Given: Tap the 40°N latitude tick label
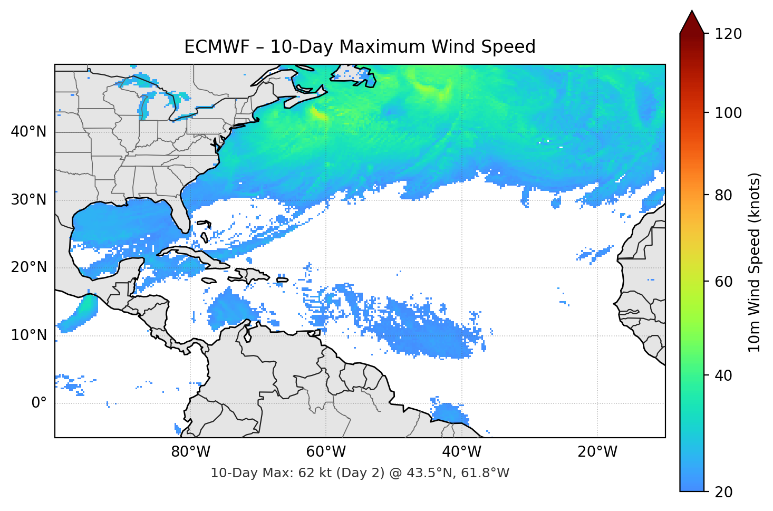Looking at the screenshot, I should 28,131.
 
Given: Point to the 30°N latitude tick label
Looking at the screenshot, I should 28,199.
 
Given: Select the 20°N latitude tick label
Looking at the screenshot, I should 28,267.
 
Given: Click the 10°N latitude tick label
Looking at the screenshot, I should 28,335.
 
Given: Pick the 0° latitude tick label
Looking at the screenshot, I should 39,403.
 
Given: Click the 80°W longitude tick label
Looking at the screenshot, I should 191,452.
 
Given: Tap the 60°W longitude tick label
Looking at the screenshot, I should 326,452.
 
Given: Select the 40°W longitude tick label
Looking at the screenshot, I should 461,452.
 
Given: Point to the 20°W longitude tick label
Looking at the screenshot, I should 597,452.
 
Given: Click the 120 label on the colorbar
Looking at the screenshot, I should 728,34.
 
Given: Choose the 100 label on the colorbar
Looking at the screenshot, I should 728,113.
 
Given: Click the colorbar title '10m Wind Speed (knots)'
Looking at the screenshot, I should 755,262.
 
